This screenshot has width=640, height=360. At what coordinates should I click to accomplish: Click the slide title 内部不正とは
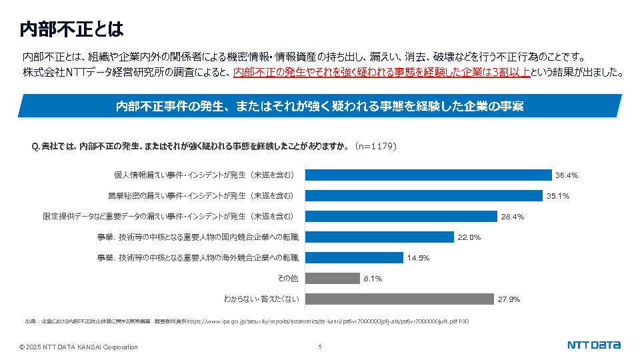pyautogui.click(x=71, y=29)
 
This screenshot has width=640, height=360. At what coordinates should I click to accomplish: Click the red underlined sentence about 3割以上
pyautogui.click(x=382, y=73)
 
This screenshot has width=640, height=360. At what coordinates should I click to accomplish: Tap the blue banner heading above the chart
pyautogui.click(x=319, y=106)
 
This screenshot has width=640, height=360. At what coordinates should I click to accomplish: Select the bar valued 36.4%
pyautogui.click(x=428, y=175)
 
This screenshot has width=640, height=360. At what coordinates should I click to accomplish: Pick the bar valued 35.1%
pyautogui.click(x=423, y=196)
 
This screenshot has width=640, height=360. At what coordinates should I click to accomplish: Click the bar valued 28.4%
pyautogui.click(x=401, y=216)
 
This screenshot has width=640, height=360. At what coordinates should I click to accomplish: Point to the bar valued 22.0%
pyautogui.click(x=379, y=237)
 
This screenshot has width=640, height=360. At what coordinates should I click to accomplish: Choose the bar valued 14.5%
pyautogui.click(x=353, y=257)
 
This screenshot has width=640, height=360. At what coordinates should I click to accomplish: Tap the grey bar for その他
pyautogui.click(x=332, y=278)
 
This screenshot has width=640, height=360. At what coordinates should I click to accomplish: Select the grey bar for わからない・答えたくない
pyautogui.click(x=399, y=299)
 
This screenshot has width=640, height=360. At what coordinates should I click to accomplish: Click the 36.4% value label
pyautogui.click(x=566, y=176)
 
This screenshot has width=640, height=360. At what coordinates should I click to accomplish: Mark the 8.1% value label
pyautogui.click(x=373, y=279)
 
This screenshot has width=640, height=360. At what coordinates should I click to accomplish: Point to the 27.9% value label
pyautogui.click(x=509, y=299)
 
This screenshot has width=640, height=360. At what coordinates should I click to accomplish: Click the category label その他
pyautogui.click(x=287, y=278)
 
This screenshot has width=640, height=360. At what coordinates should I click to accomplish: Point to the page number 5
pyautogui.click(x=320, y=347)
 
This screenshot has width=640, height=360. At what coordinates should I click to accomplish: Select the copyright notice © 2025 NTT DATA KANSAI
pyautogui.click(x=79, y=347)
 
